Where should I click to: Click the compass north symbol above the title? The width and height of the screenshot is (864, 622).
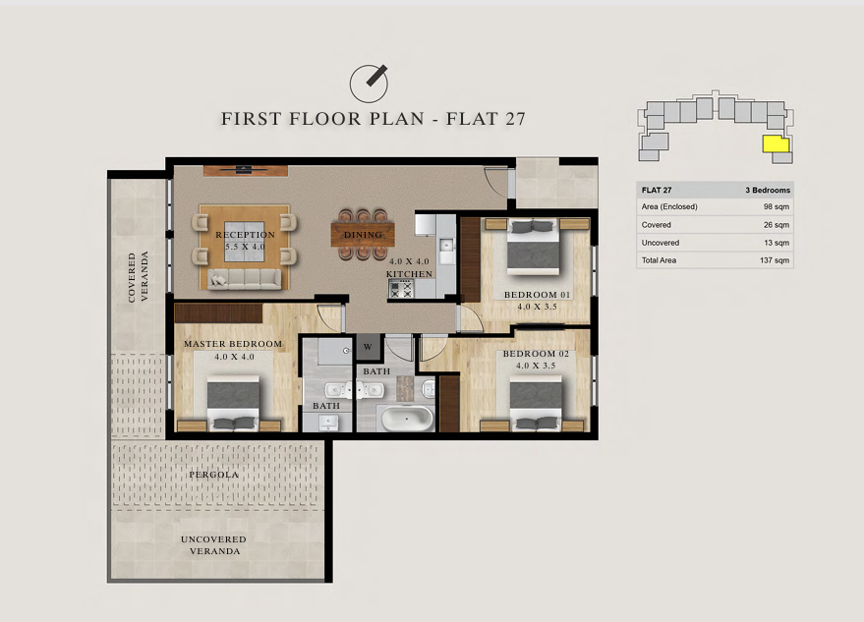click(x=369, y=84)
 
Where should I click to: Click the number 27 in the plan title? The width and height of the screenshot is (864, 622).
click(x=513, y=119)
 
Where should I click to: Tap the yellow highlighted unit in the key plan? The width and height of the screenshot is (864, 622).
click(x=776, y=144)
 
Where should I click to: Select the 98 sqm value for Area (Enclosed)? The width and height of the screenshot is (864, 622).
click(x=776, y=206)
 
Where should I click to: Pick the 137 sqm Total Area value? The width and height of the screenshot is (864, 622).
click(x=775, y=260)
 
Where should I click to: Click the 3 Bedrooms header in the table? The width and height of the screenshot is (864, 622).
click(x=768, y=190)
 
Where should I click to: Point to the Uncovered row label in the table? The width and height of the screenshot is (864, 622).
click(x=661, y=243)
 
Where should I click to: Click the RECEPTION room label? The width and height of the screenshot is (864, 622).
click(x=245, y=235)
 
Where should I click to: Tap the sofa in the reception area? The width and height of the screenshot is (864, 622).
click(x=245, y=279)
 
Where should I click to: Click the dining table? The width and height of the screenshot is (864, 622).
click(x=363, y=234)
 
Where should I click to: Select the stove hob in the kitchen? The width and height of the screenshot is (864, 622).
click(x=401, y=289)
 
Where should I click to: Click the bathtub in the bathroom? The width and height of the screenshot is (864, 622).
click(x=407, y=419)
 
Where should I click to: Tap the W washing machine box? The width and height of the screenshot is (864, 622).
click(x=368, y=347)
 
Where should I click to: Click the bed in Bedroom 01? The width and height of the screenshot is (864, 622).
click(x=534, y=247)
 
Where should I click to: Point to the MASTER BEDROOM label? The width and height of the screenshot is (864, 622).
click(x=233, y=344)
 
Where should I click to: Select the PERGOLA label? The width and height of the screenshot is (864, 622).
click(x=214, y=475)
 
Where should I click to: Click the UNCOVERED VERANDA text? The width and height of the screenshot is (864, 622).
click(x=214, y=545)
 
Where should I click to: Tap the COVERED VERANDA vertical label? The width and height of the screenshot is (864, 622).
click(x=139, y=277)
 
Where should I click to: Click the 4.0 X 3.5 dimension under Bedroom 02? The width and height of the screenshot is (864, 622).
click(x=536, y=366)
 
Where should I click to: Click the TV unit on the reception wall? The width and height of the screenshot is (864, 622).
click(x=245, y=170)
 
